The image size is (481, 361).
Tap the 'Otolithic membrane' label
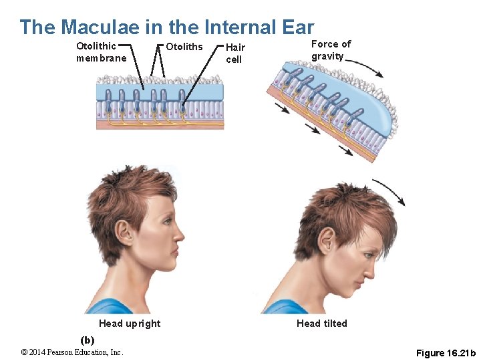[101, 52]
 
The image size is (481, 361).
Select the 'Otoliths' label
[184, 47]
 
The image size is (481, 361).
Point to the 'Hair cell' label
[235, 53]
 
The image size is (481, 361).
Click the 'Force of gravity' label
[331, 50]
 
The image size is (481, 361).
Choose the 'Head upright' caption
[130, 324]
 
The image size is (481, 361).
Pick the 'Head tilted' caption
[322, 324]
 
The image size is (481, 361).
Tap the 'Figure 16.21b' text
[446, 353]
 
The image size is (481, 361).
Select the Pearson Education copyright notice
[72, 352]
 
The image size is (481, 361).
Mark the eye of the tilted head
[367, 255]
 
